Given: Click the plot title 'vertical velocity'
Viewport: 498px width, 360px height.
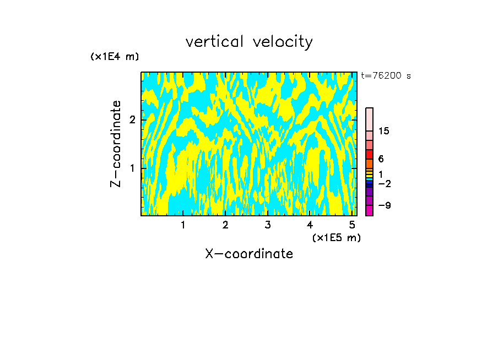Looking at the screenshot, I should tap(249, 42).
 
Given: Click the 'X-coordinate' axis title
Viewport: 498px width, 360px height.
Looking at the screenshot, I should tap(249, 254).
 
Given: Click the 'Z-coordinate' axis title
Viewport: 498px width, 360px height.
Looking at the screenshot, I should tap(116, 144).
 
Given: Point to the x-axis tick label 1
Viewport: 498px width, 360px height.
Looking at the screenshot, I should tap(183, 225).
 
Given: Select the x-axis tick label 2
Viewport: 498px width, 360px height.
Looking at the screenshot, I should tap(225, 225).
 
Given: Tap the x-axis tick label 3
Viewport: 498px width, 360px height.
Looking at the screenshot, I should tap(267, 225).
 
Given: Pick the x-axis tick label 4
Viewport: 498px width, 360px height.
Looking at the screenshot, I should tap(310, 225).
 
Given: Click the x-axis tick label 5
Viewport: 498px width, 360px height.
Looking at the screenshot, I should tap(352, 225).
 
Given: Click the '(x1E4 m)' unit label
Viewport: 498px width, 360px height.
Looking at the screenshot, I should tap(115, 57).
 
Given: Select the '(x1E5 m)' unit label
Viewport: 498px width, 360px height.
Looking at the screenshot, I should tap(336, 237).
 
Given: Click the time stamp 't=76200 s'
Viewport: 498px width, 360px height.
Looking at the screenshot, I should tap(386, 76).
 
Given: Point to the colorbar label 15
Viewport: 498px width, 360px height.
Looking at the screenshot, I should tap(384, 131).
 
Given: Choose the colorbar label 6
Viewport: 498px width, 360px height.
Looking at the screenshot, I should tap(381, 159).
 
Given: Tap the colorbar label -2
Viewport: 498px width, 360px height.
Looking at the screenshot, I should tap(384, 184).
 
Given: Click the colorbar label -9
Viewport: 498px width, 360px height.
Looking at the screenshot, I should tap(384, 205).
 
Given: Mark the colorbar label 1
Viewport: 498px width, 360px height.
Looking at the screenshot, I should tap(381, 174).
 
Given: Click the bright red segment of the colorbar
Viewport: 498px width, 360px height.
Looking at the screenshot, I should tap(369, 154).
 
